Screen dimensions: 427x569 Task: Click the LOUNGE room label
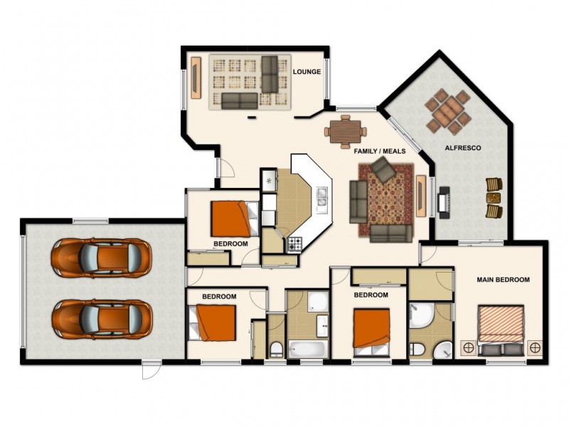tap(307, 72)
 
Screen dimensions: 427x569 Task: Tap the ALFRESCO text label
tap(463, 148)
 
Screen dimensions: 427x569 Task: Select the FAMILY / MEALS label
tap(381, 151)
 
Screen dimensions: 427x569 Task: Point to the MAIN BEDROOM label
tap(503, 280)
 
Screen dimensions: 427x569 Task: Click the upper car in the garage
tap(102, 257)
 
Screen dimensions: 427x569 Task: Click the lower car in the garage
tap(102, 318)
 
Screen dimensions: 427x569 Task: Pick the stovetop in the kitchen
tap(294, 244)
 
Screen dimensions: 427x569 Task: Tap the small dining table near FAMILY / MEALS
tap(346, 130)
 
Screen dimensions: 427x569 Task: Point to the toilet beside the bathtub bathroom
tap(277, 349)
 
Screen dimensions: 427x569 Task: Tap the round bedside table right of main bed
tap(535, 347)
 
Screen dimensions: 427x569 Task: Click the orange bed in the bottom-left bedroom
tap(216, 322)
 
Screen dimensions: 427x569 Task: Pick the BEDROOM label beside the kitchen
tap(230, 243)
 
